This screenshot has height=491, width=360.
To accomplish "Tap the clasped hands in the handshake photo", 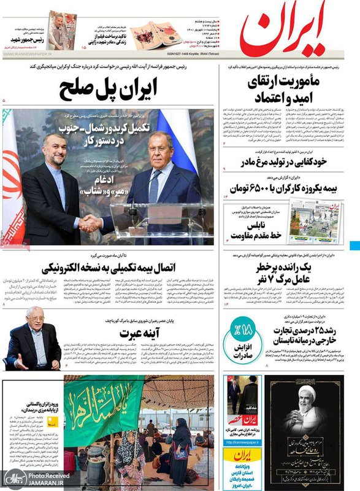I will [x=90, y=223].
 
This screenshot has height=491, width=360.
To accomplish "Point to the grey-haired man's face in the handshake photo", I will [x=161, y=147].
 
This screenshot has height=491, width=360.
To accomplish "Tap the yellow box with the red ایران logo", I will [x=237, y=463].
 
